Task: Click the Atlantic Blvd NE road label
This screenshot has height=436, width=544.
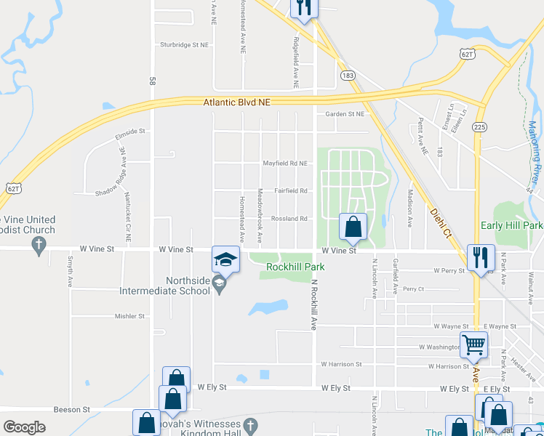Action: tap(236, 103)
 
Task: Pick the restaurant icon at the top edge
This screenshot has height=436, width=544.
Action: tap(304, 7)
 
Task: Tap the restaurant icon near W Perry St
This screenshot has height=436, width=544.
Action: tap(481, 257)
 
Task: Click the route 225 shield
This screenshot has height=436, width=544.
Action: tap(479, 126)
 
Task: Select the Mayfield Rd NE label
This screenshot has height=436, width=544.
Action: tap(285, 163)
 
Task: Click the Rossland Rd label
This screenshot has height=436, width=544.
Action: tap(289, 219)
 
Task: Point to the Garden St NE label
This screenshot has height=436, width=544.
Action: tap(344, 114)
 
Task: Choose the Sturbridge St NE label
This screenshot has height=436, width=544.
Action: tap(185, 44)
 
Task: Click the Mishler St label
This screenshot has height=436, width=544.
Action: tap(129, 316)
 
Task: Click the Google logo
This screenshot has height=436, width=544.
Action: tap(24, 427)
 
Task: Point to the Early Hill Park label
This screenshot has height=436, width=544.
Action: tap(511, 226)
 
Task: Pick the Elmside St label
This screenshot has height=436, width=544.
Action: tap(130, 132)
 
